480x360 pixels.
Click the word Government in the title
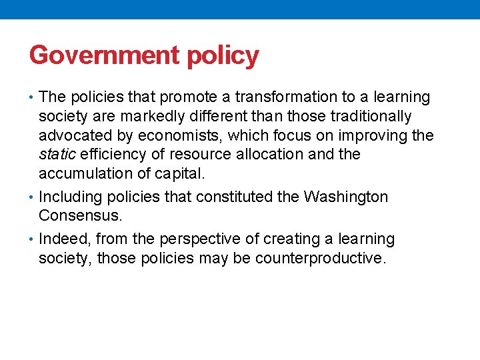(x=105, y=55)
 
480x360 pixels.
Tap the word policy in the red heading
(x=223, y=56)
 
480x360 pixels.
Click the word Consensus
(x=81, y=216)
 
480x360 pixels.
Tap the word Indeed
(x=62, y=239)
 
